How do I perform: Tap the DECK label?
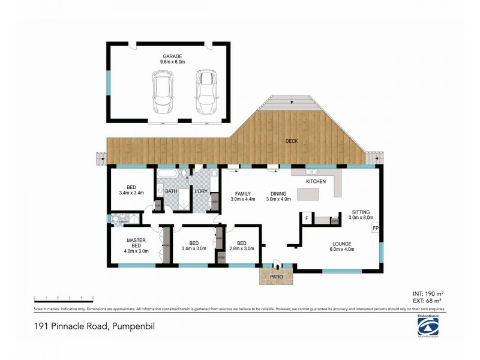click(292, 141)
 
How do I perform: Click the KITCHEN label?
click(316, 181)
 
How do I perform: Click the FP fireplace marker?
click(376, 229)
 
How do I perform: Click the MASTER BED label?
click(136, 244)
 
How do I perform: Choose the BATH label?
click(171, 191)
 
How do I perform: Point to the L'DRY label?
click(201, 191)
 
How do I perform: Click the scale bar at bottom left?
click(64, 298)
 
